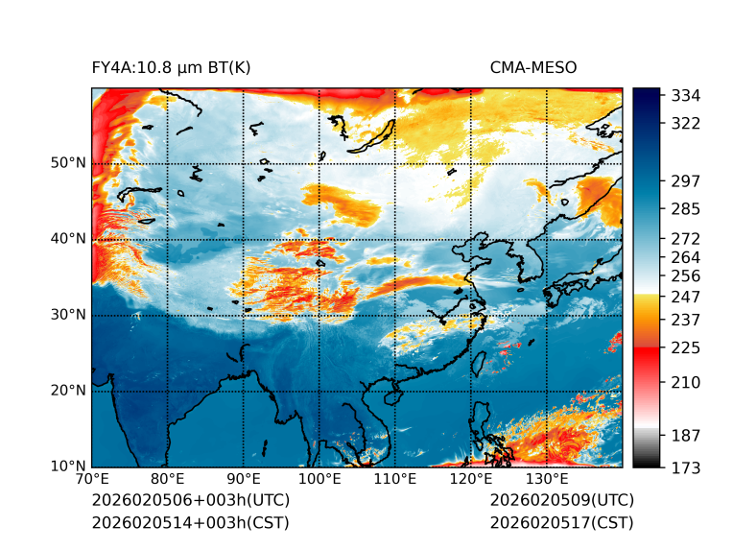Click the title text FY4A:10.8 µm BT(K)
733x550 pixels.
point(172,67)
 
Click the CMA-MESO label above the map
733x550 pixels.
point(533,67)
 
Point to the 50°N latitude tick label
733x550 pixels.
point(69,163)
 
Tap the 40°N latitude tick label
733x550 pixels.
point(69,239)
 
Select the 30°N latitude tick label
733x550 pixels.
point(69,315)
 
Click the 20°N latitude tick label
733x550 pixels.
point(69,391)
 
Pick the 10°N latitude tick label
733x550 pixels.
point(69,466)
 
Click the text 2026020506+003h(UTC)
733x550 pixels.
point(190,501)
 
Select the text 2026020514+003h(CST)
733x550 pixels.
point(190,523)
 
